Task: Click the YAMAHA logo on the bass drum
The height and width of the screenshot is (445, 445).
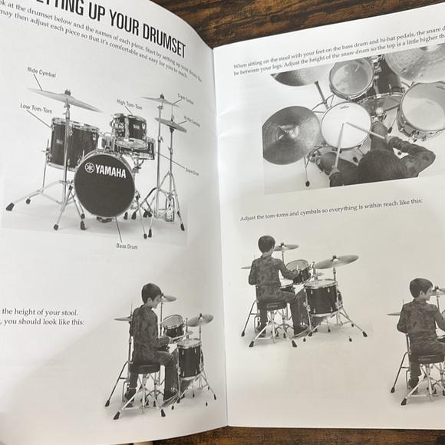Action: (104, 168)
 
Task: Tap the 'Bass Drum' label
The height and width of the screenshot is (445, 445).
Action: (126, 246)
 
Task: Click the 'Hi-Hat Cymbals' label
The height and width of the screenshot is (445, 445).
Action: (192, 120)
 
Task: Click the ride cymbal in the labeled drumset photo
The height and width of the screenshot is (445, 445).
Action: (65, 98)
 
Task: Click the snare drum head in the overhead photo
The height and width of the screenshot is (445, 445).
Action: (345, 124)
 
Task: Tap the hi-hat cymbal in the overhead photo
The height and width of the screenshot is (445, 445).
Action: (291, 134)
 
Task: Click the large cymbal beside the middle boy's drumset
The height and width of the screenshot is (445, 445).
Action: (336, 262)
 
